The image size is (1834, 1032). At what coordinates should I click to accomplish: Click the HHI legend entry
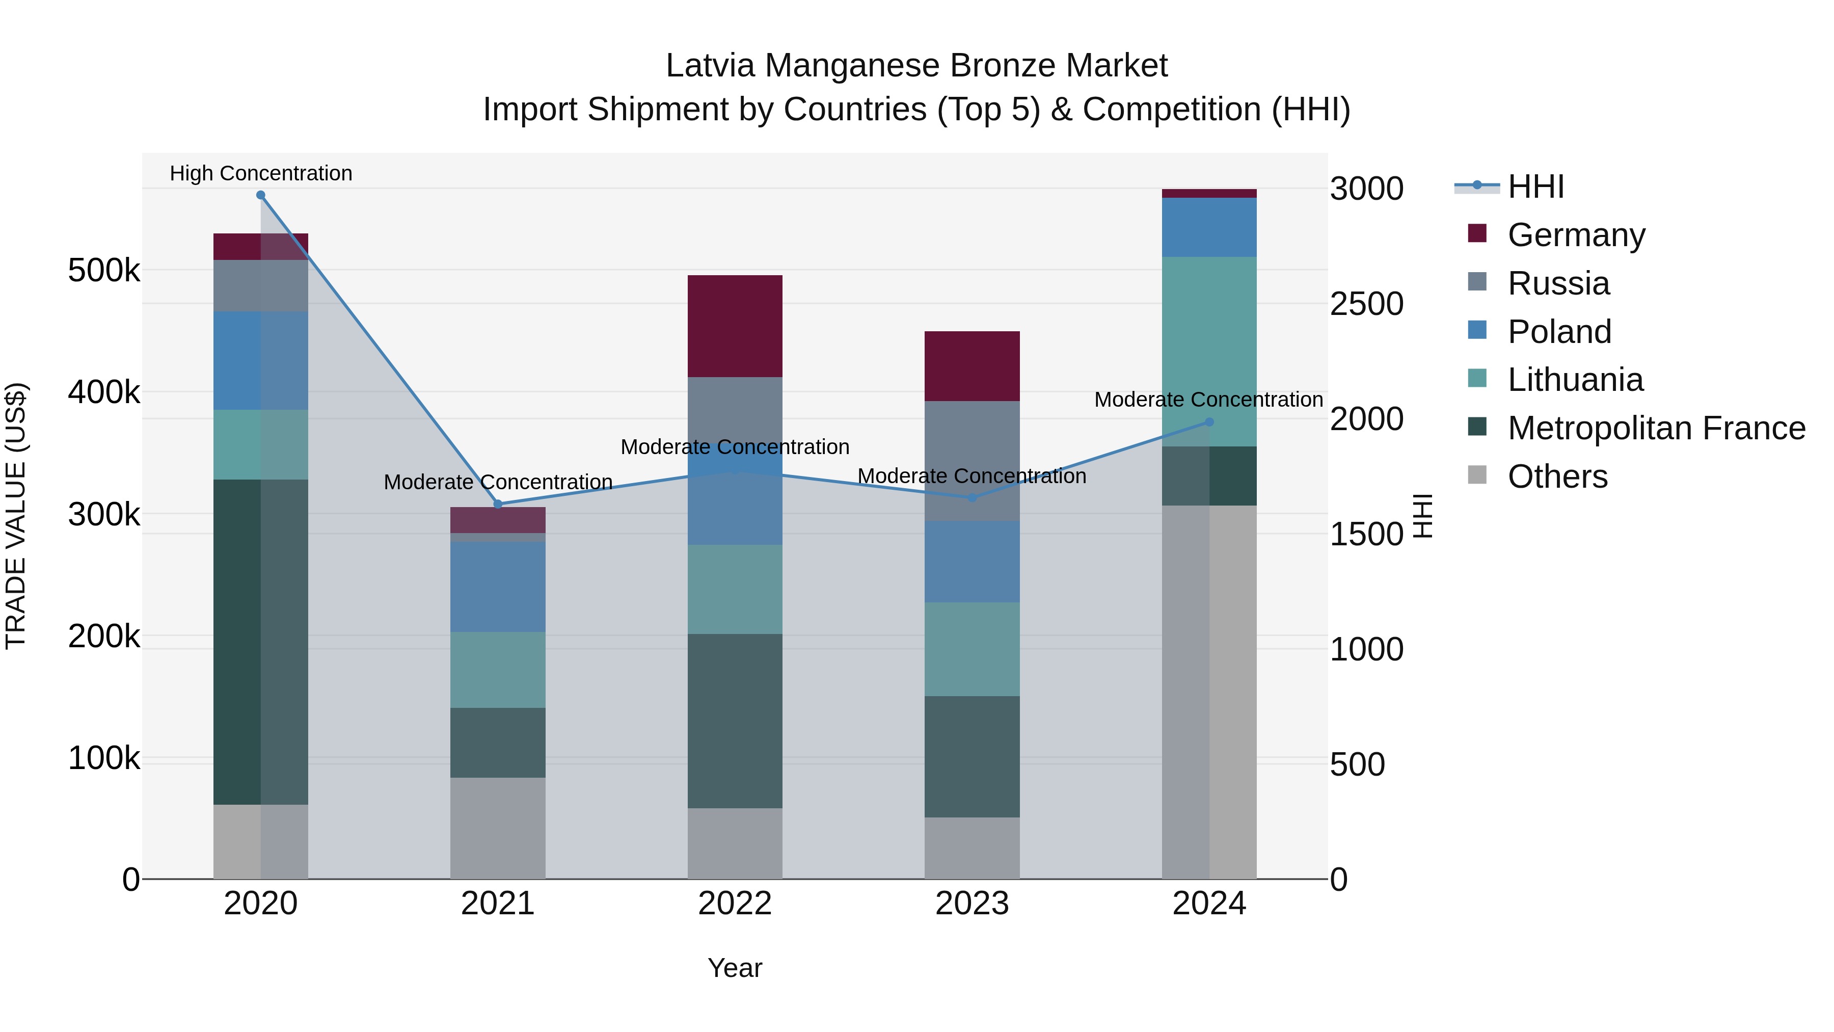tap(1535, 187)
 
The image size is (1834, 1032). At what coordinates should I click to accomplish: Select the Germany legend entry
tap(1576, 235)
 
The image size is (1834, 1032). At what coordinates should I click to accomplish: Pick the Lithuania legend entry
tap(1575, 380)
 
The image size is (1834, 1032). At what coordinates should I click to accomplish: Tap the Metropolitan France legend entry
tap(1656, 428)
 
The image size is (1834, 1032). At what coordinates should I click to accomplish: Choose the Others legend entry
tap(1557, 477)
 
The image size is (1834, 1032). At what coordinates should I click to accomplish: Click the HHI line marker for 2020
tap(260, 195)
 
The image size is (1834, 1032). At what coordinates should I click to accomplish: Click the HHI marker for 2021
tap(498, 504)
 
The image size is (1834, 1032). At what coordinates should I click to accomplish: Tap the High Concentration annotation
tap(260, 173)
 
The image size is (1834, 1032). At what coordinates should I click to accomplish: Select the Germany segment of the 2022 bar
tap(735, 326)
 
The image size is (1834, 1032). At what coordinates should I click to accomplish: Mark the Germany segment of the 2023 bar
tap(972, 366)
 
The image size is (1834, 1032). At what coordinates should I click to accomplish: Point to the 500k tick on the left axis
tap(104, 271)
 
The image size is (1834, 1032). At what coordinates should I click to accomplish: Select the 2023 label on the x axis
tap(972, 904)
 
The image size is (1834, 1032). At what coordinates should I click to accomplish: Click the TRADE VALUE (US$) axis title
tap(16, 516)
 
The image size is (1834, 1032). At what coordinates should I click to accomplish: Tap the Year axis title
tap(735, 968)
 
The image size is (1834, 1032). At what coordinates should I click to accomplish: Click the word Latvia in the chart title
tap(709, 66)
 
